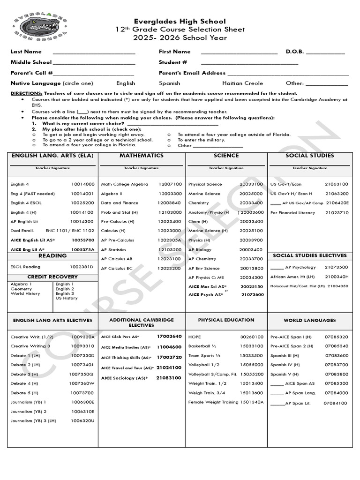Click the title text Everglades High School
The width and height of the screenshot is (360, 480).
pos(180,22)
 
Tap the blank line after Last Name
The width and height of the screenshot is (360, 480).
pos(94,52)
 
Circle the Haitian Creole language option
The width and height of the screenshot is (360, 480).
pos(242,83)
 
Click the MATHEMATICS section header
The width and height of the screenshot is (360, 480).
pos(142,156)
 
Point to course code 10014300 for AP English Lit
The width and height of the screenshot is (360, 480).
pos(82,221)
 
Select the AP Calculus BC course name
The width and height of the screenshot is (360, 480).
pos(117,269)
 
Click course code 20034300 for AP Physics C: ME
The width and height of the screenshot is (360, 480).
pos(251,278)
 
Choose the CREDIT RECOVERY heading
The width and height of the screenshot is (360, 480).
pos(52,277)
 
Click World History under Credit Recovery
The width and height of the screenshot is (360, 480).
pos(25,293)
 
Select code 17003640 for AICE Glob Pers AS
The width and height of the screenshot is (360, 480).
pos(169,337)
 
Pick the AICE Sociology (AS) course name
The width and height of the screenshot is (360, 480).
pos(124,378)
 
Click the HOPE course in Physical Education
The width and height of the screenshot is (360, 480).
pos(194,337)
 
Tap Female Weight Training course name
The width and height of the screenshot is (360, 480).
pos(213,402)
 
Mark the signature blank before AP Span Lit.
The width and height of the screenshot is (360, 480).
pos(277,403)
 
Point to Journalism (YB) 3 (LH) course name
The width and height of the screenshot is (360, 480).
pos(33,421)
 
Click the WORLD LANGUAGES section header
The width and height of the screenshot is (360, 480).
pos(309,320)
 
